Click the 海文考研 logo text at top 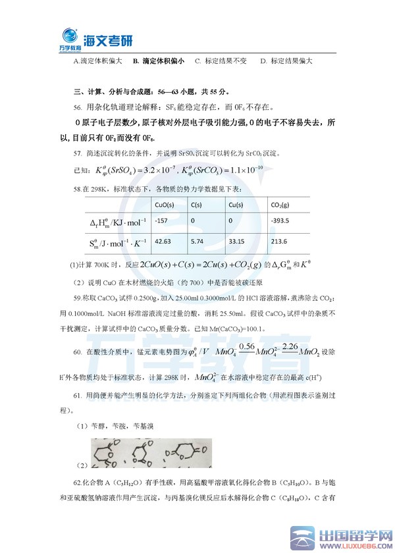point(109,40)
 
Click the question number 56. point(78,107)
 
